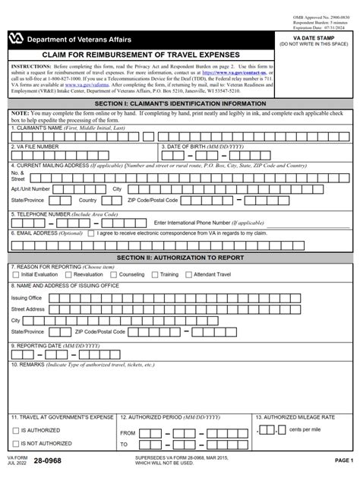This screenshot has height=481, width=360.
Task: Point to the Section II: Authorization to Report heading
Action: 180,258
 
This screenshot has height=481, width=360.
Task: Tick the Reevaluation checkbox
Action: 65,274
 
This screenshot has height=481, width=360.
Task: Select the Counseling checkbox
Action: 115,274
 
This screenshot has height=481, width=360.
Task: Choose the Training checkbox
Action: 155,274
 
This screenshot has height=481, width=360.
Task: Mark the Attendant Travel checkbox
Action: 190,274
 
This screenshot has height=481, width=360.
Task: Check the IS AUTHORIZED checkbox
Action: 15,430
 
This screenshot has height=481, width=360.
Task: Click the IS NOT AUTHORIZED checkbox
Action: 15,445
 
